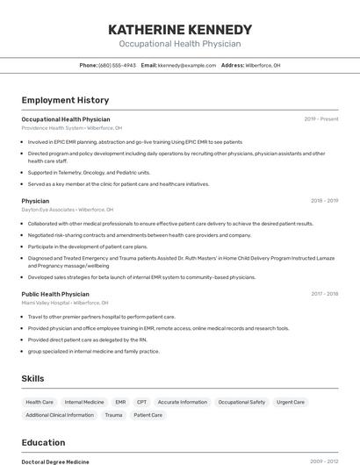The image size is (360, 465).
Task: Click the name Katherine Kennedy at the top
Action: [179, 29]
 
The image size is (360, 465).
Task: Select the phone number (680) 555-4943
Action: [117, 65]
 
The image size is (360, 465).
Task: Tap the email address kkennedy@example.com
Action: [187, 65]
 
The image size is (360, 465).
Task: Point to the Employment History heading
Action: [65, 100]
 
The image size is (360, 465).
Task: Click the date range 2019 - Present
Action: [321, 118]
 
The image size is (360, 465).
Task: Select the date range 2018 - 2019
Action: [324, 201]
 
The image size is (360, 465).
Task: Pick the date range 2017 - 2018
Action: [324, 294]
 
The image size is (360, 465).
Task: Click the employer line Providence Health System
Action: [72, 128]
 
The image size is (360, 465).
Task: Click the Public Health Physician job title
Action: [55, 294]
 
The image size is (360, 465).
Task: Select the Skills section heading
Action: [33, 378]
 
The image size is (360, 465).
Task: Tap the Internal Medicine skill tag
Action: [84, 402]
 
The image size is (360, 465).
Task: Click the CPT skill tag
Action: [141, 402]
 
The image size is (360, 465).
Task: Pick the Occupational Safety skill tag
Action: [241, 402]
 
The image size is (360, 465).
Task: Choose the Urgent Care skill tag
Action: [291, 402]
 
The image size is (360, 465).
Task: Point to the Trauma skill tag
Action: [113, 415]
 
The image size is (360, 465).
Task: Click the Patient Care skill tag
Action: [148, 415]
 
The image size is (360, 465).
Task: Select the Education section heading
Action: [43, 442]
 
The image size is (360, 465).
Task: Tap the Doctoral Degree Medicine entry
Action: [55, 461]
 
